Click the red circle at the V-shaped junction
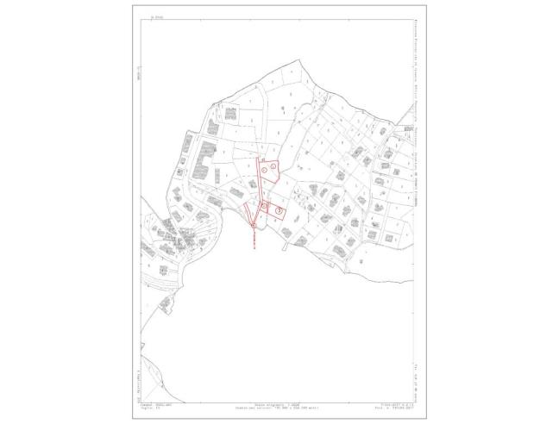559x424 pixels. (253, 226)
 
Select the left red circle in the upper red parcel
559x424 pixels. (265, 170)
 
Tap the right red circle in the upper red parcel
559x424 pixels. (274, 165)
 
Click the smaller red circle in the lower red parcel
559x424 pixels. (264, 205)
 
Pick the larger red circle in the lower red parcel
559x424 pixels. (279, 209)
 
